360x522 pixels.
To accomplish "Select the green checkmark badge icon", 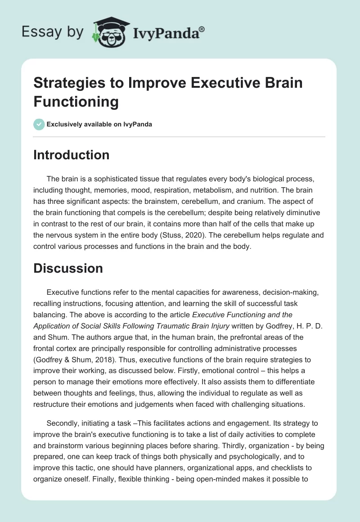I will point(39,124).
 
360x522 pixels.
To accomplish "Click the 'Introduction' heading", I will point(72,155).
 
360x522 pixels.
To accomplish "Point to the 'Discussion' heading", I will point(68,269).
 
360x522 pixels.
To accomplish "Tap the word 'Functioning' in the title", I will point(76,102).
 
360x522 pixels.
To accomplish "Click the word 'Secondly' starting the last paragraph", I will point(62,424).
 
